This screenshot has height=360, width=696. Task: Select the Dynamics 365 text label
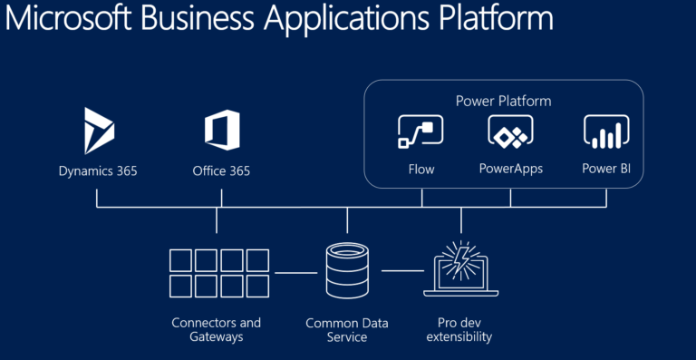click(98, 170)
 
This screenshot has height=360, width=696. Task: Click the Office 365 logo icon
click(221, 131)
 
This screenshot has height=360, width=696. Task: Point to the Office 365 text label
click(221, 170)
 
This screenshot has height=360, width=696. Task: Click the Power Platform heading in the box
click(503, 101)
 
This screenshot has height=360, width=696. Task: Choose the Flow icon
click(420, 133)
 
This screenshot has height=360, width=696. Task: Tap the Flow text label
click(420, 170)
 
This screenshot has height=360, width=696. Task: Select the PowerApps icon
click(510, 133)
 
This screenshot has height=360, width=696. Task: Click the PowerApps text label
click(510, 170)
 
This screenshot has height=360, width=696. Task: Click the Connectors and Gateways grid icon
click(218, 273)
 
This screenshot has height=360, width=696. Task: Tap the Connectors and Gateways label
click(216, 329)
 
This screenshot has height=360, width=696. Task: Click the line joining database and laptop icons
click(402, 271)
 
